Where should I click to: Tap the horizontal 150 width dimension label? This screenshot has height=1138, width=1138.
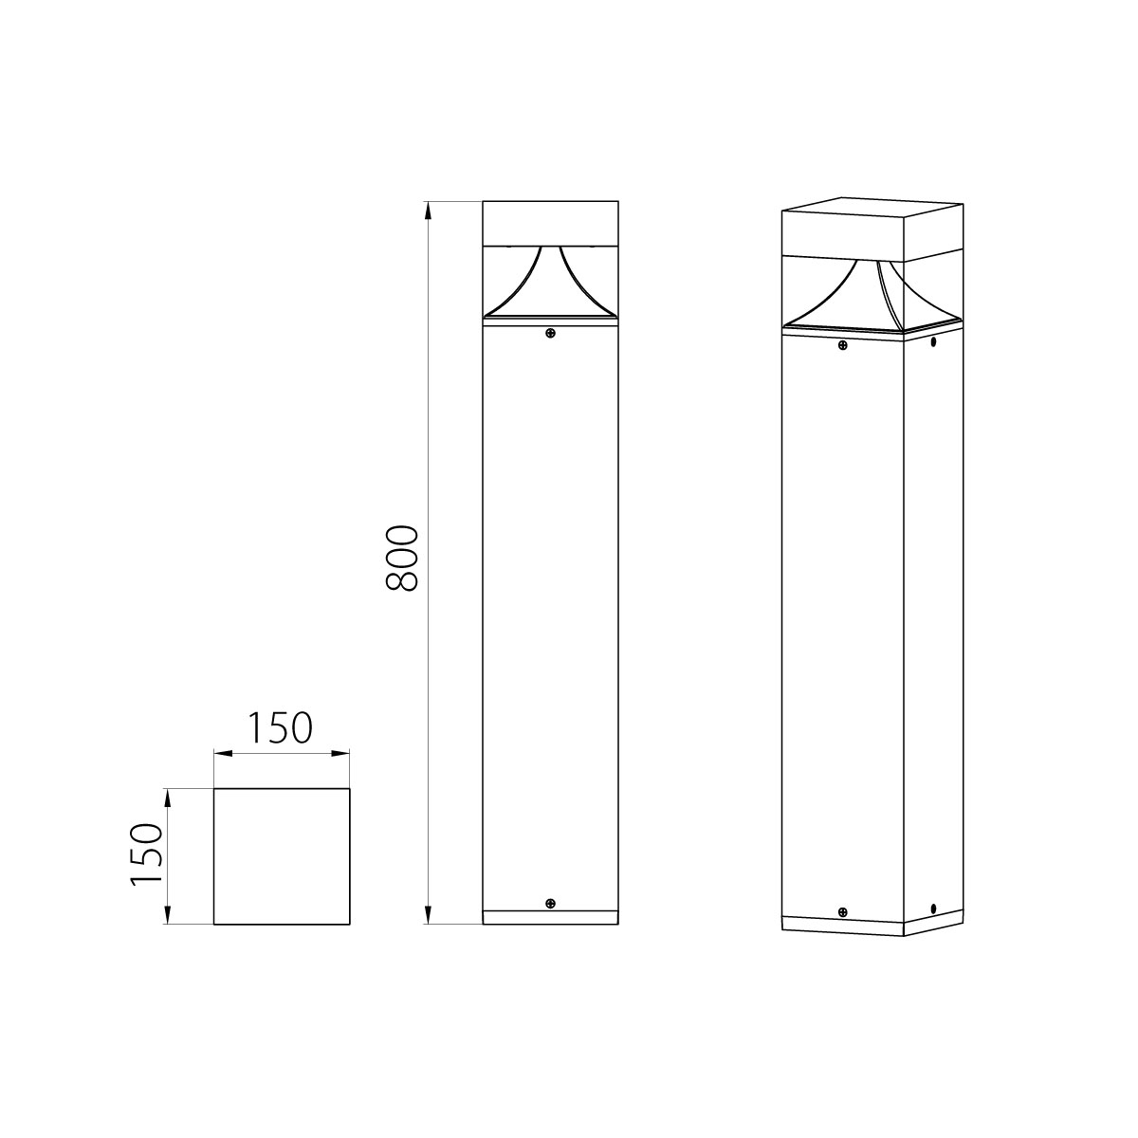280,728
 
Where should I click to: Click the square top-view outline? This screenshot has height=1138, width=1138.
282,855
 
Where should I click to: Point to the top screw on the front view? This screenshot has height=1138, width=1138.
550,333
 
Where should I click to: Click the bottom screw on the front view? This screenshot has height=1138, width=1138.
550,904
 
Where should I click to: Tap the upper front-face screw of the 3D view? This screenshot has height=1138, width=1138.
842,345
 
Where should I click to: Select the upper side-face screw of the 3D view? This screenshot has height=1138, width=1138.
933,341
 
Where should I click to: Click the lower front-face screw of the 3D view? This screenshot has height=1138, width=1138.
842,912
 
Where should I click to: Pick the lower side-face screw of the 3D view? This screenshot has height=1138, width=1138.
933,908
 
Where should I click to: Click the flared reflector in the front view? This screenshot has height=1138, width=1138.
550,289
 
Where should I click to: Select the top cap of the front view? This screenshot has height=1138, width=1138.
550,224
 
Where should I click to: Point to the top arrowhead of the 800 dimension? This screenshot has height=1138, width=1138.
429,211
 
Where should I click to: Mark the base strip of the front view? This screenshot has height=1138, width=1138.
550,918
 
